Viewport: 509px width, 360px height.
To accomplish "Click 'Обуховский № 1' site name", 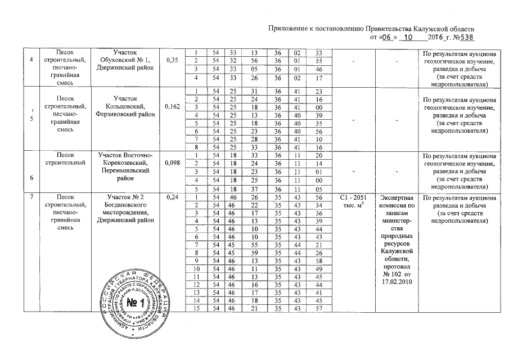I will [x=122, y=60].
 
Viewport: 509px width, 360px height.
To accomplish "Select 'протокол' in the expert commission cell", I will [x=398, y=265].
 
